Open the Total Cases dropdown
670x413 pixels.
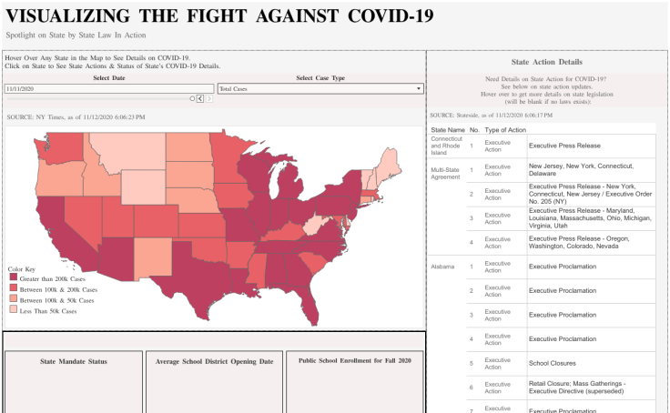click(320, 88)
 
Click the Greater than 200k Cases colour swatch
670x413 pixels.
click(13, 278)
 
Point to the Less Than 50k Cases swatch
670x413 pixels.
click(13, 311)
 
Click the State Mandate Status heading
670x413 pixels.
click(74, 361)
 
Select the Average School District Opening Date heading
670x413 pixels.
click(215, 361)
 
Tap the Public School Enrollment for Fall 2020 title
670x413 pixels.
click(356, 361)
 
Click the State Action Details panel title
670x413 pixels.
click(547, 62)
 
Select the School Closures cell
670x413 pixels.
click(555, 362)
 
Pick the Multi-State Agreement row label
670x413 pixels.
click(446, 173)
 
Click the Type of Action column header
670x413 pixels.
click(505, 130)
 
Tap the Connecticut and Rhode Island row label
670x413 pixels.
click(447, 146)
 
